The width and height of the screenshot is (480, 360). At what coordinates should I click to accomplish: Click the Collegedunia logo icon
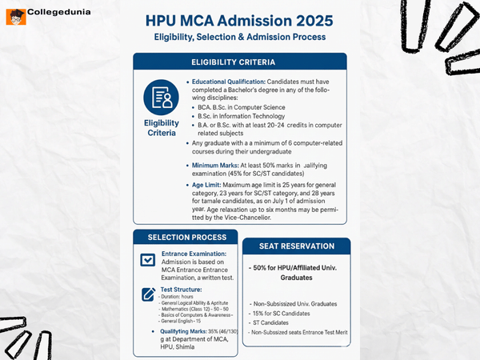tap(14, 14)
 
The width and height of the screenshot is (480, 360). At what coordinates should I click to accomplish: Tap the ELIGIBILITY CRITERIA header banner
tap(239, 62)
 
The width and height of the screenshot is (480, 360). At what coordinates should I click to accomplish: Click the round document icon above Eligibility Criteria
tap(161, 97)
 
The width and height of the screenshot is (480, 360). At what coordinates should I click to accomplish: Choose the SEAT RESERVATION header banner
tap(295, 246)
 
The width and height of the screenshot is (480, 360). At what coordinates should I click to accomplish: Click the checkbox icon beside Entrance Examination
tap(147, 260)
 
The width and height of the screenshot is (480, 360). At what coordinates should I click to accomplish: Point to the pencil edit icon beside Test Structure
tap(147, 294)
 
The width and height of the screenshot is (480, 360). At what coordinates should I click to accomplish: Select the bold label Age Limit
tap(209, 185)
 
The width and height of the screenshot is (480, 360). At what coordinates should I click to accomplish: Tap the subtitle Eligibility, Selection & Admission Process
tap(240, 37)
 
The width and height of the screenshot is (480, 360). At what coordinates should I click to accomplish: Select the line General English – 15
tap(186, 320)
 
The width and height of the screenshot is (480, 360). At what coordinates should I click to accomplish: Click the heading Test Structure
tap(182, 289)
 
